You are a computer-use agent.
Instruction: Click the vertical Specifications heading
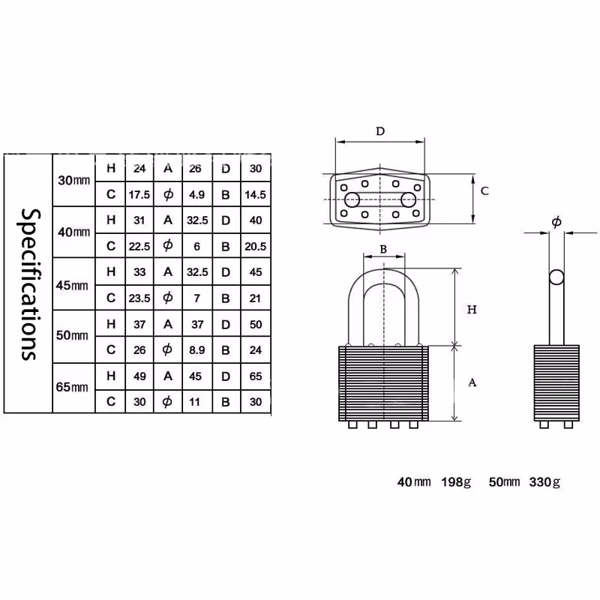tap(29, 284)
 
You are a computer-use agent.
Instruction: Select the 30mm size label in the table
tap(73, 180)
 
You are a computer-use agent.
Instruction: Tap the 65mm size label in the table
tap(72, 387)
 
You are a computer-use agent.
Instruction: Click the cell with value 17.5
tap(139, 195)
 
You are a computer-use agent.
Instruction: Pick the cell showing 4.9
tap(196, 195)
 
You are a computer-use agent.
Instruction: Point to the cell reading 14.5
tap(255, 195)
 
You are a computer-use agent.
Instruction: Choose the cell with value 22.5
tap(139, 247)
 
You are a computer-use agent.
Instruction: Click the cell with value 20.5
tap(255, 247)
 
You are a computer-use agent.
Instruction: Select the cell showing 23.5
tap(139, 298)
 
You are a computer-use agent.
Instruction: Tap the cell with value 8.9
tap(196, 350)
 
